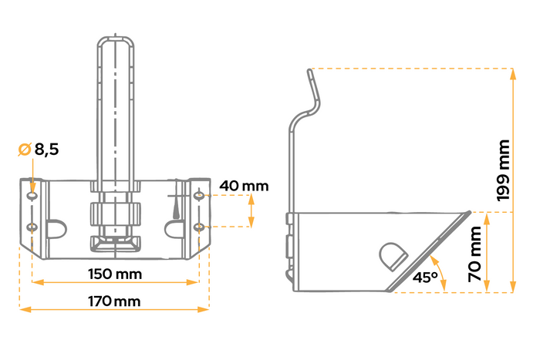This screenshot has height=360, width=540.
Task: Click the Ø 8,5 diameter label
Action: [38, 150]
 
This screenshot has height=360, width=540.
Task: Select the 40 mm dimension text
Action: [244, 186]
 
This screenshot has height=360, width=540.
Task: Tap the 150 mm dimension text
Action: [115, 274]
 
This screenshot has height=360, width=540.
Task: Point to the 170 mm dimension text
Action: [114, 301]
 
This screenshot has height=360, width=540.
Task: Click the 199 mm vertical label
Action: [503, 170]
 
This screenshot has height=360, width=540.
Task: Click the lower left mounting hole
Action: [32, 227]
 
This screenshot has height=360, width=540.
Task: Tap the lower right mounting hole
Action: [199, 227]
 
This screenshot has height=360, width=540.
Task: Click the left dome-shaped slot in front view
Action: [56, 229]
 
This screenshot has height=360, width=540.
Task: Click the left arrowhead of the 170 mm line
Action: [23, 310]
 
